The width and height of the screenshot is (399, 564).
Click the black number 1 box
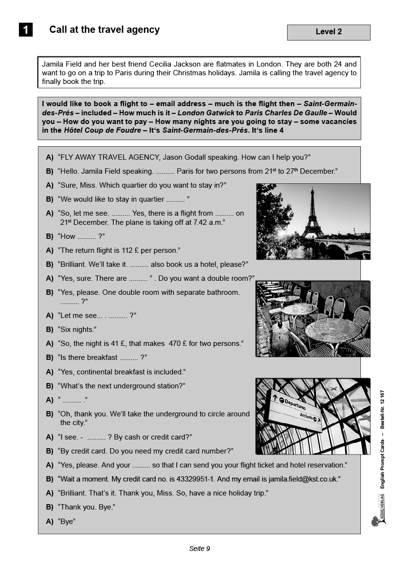point(26,30)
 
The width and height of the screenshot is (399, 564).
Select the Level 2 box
point(329,32)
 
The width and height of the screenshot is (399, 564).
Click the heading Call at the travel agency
point(104,29)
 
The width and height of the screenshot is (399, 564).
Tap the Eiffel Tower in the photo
point(312,215)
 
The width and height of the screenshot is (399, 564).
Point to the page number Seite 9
point(199,549)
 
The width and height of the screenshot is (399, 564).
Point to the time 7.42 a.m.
point(208,222)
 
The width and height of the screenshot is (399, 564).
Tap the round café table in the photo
point(332,330)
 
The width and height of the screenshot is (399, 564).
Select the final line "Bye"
point(67,522)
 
